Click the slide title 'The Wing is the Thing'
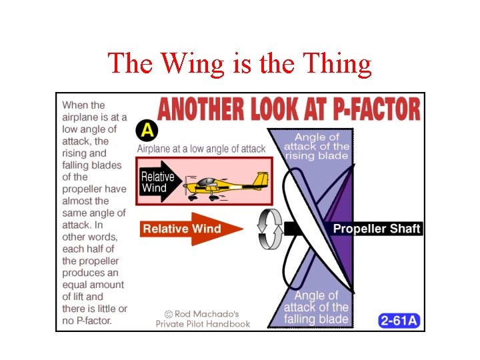pyautogui.click(x=239, y=63)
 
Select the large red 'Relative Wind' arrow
pyautogui.click(x=191, y=229)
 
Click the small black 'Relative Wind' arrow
pyautogui.click(x=160, y=182)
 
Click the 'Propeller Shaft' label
pyautogui.click(x=377, y=229)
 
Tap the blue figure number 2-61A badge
pyautogui.click(x=399, y=321)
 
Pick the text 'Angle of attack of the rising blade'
pyautogui.click(x=316, y=146)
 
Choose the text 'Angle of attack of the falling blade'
pyautogui.click(x=316, y=307)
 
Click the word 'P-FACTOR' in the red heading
pyautogui.click(x=369, y=109)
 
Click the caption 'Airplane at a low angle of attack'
pyautogui.click(x=201, y=149)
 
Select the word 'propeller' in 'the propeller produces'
pyautogui.click(x=91, y=261)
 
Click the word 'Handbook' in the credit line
pyautogui.click(x=228, y=324)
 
